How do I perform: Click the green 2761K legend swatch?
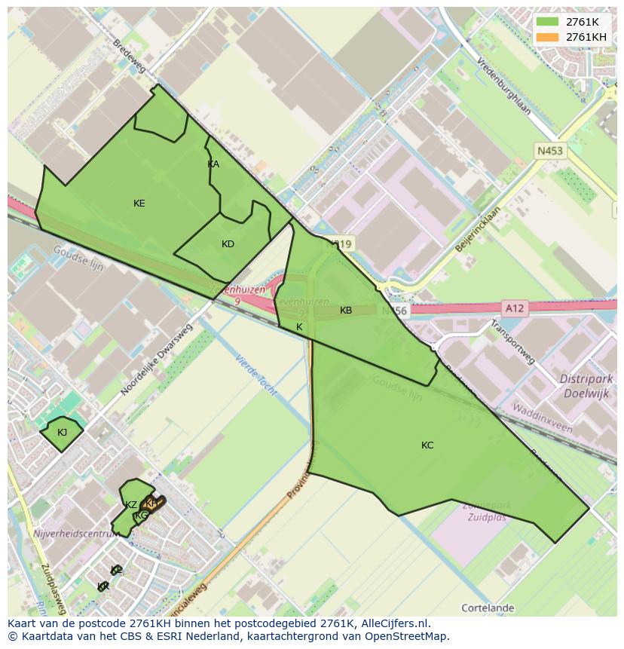point(548,22)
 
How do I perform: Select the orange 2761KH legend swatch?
point(548,37)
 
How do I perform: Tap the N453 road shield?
point(549,151)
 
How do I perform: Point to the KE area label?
point(139,204)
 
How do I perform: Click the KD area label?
point(228,243)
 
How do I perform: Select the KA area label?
point(213,164)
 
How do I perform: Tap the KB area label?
point(346,311)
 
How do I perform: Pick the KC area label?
point(427,445)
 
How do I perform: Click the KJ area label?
point(62,432)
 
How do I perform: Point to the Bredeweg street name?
point(128,57)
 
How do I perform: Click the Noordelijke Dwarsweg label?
point(157,360)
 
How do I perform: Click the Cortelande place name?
point(487,608)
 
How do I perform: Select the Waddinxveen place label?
point(542,418)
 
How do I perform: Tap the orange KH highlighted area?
point(153,504)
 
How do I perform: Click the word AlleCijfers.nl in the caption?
point(395,623)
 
